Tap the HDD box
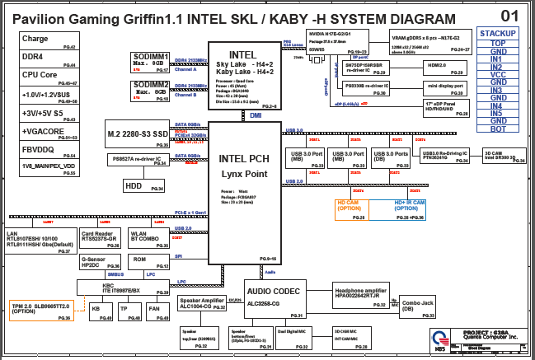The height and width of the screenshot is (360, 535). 145,186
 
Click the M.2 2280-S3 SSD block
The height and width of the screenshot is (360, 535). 138,133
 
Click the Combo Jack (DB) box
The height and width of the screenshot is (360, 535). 419,305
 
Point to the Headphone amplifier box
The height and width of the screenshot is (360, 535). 360,295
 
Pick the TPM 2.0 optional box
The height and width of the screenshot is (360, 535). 42,309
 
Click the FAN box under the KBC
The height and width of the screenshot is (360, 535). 154,310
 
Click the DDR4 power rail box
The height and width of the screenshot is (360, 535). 49,58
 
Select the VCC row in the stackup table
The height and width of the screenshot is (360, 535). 497,74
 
